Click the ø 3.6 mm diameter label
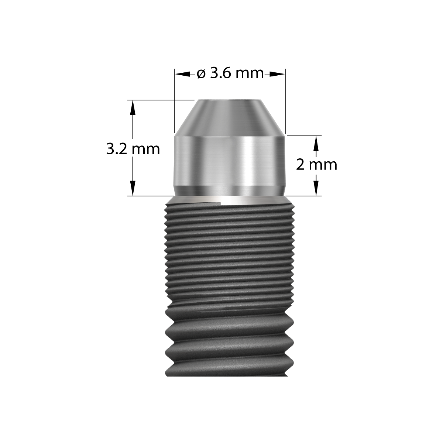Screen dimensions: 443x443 230,73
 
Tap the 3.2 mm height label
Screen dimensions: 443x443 133,149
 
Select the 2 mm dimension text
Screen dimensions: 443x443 316,165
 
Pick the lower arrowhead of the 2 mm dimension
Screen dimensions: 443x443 316,191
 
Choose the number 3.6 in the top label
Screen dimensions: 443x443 220,73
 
